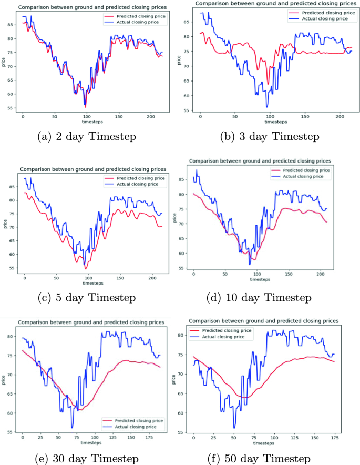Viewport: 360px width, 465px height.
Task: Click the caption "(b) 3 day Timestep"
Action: (x=269, y=137)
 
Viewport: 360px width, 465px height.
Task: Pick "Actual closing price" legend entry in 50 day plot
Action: (x=229, y=337)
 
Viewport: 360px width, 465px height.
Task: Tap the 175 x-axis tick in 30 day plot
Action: (x=148, y=438)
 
